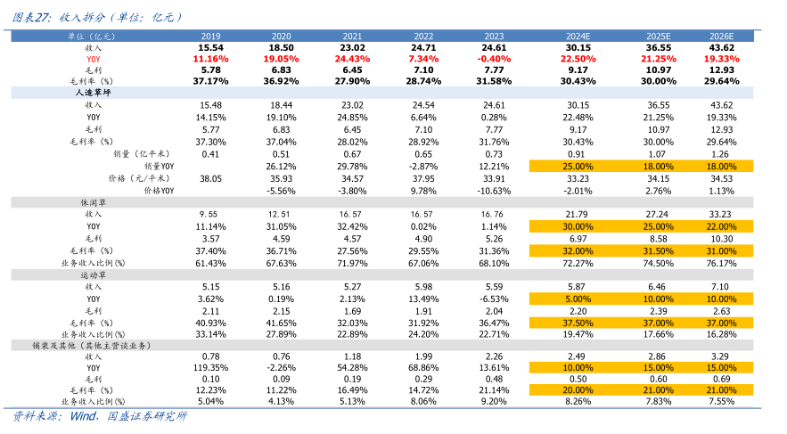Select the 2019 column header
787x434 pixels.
coord(210,35)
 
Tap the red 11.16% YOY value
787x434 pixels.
coord(210,58)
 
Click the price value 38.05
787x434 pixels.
coord(210,178)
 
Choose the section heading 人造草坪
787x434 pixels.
coord(92,92)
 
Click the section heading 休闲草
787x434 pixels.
coord(94,202)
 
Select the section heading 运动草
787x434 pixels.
coord(94,275)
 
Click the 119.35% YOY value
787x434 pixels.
coord(210,366)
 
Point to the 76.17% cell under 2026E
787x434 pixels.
coord(721,263)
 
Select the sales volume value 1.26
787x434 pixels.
coord(721,153)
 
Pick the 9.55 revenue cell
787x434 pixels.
coord(210,215)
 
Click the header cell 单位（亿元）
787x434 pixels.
coord(94,35)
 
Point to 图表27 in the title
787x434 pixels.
coord(29,16)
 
